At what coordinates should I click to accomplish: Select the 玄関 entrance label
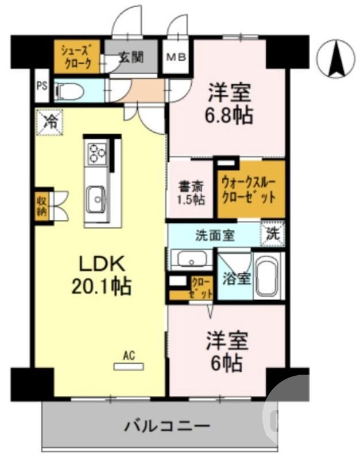[130, 57]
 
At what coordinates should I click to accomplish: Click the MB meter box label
[177, 57]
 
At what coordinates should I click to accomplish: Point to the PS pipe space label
[41, 87]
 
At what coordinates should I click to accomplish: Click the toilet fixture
[69, 90]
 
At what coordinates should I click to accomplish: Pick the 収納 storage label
[42, 204]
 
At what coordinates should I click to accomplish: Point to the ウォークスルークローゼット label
[250, 190]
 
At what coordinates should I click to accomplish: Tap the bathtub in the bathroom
[269, 275]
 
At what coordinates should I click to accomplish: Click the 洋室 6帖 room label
[228, 351]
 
